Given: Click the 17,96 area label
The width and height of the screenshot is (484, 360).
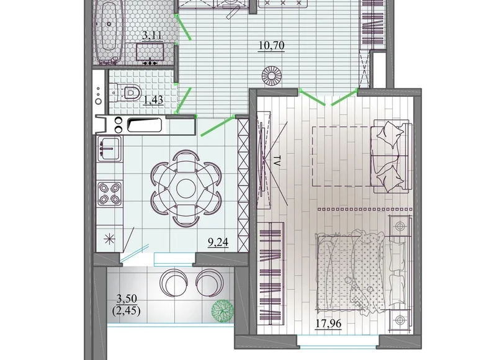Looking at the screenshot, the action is (328, 323).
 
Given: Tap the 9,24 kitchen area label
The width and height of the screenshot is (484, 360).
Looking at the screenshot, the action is (218, 242).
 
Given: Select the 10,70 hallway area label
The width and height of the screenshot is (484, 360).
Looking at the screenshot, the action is (272, 45).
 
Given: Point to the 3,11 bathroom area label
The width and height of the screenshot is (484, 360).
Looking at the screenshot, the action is (151, 35).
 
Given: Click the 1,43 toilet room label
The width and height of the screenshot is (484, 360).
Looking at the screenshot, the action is (153, 100).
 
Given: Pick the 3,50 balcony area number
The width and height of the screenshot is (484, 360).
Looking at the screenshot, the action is (127, 299).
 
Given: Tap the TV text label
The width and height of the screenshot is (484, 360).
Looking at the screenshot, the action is (276, 161).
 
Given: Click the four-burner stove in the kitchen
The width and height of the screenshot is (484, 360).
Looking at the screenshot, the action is (110, 194).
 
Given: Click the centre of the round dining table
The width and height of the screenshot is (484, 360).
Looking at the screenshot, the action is (186, 187).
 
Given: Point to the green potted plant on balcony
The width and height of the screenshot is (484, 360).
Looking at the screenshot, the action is (223, 312).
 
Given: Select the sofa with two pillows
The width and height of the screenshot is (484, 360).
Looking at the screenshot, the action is (391, 156).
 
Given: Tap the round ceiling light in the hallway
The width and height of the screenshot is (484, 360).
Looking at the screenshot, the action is (271, 75).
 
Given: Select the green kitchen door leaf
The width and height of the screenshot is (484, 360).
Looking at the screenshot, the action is (217, 125).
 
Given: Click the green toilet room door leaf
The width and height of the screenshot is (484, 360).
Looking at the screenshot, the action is (183, 101).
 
